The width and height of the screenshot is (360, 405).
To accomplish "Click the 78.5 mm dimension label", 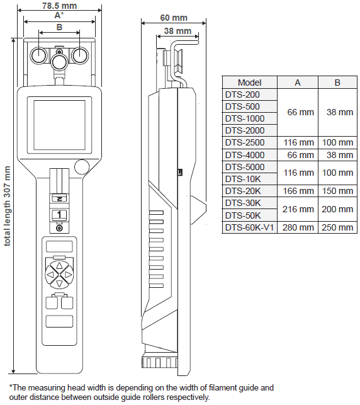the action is click(59, 6).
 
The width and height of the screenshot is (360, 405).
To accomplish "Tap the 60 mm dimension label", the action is click(174, 18).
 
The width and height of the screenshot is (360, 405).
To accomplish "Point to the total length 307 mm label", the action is click(7, 206).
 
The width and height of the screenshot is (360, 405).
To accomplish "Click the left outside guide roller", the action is click(39, 55).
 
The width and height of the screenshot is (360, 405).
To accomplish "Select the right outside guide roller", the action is click(80, 55).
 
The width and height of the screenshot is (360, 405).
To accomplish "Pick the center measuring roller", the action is click(59, 62).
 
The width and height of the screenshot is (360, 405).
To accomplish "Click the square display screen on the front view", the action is click(59, 125).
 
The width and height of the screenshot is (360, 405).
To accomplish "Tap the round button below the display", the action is click(82, 167).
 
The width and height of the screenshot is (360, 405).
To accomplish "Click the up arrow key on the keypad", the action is click(59, 266).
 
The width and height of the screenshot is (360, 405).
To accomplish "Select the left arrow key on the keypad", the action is click(50, 275).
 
